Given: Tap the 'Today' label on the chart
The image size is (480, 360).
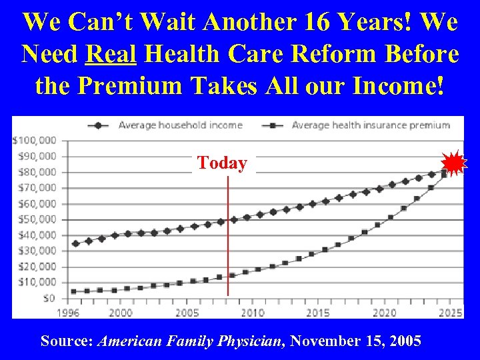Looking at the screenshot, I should [222, 163].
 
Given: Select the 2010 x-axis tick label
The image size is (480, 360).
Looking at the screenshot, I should [253, 313].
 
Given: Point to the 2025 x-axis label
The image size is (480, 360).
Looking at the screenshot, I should [451, 313].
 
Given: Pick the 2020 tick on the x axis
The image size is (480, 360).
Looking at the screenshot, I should [385, 313].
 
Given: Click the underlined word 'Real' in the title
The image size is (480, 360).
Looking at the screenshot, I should [111, 55].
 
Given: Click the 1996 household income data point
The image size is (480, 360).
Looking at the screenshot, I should [75, 244].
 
